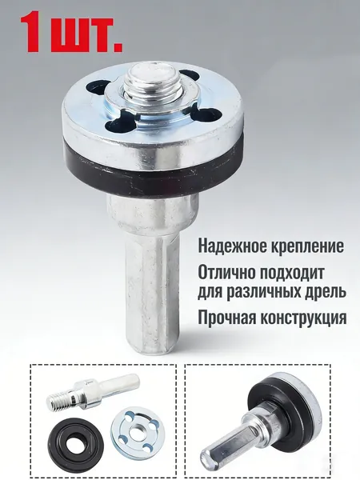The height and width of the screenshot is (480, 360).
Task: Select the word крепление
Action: point(306,246)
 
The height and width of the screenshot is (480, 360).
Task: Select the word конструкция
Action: point(303,319)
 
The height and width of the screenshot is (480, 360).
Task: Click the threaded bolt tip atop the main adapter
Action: point(149,77)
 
